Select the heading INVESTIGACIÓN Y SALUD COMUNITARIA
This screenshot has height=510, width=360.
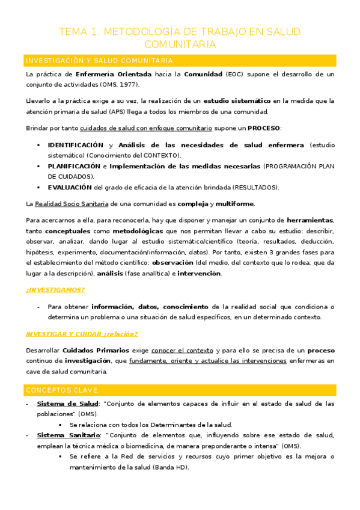coord(99,61)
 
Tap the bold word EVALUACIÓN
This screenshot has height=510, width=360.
coord(70,187)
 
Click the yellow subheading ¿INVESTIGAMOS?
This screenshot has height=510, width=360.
coord(55,289)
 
